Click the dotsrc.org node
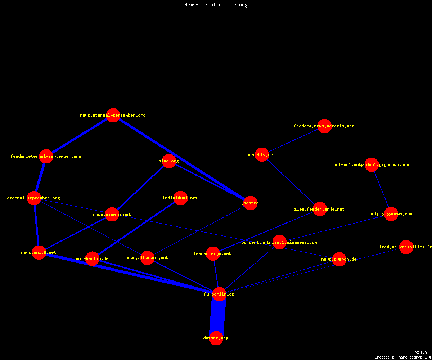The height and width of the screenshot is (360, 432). pos(216,338)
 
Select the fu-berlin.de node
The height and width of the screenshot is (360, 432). pos(219,294)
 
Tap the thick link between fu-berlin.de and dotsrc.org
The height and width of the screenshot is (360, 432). pos(218,316)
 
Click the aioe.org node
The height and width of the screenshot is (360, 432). pos(169,161)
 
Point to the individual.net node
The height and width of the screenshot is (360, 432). pos(180,198)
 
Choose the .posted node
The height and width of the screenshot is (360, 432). pos(250,203)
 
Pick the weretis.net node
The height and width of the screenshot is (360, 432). pos(262,154)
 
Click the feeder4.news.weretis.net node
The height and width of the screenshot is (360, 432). pos(324,126)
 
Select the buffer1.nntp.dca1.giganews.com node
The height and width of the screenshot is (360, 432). pos(372,165)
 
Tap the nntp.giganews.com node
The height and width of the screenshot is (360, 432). pos(391,214)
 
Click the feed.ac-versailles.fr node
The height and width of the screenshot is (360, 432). pos(406,247)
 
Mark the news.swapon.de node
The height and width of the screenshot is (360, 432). pos(339,259)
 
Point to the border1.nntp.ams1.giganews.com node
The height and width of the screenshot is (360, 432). pos(279,242)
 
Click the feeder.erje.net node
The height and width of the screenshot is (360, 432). pos(213,253)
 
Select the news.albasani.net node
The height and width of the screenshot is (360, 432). pos(147,258)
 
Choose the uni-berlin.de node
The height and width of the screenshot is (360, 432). pos(92,258)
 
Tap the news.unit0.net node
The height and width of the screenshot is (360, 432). pos(39,252)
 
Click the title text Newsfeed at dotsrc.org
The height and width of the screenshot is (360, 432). pos(216,5)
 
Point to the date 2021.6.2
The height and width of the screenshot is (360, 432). pos(422,352)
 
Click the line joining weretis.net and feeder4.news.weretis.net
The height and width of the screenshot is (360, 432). pos(293,140)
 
